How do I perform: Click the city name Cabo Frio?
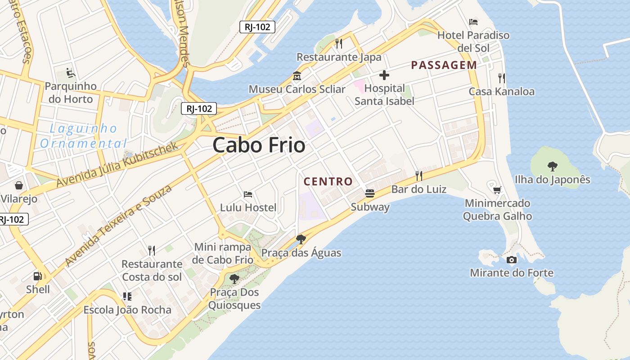pos(259,145)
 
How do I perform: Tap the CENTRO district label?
pos(328,182)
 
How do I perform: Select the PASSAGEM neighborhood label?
pos(444,65)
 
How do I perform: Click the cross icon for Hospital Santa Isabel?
pos(384,75)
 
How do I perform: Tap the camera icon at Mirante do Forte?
pos(512,260)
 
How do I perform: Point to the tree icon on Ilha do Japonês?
pos(552,166)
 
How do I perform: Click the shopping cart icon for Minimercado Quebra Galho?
pos(497,190)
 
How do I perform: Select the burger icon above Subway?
pos(370,193)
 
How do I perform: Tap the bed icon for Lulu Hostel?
pos(248,194)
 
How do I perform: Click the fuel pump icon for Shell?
pos(38,276)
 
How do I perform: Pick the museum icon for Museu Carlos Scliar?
pos(297,76)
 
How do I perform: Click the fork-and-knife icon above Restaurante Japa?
pos(339,44)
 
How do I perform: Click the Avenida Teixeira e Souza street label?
pos(118,225)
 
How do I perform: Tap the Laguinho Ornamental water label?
pos(83,136)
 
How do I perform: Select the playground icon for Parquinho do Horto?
pos(71,72)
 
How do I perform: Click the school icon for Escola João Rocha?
pos(127,297)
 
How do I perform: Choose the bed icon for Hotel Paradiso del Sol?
pos(473,22)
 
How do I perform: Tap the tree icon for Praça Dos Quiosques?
pos(234,279)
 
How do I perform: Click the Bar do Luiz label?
pos(418,189)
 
